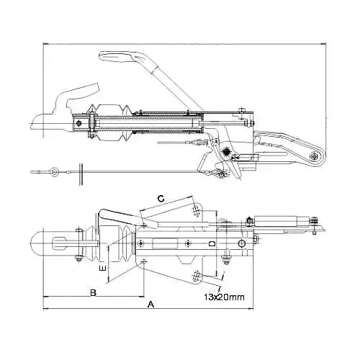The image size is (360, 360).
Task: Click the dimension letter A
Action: pyautogui.click(x=150, y=305)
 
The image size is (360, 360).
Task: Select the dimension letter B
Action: pyautogui.click(x=93, y=292)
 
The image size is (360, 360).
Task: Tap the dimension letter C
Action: pyautogui.click(x=161, y=197)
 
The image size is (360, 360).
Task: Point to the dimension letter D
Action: pyautogui.click(x=210, y=245)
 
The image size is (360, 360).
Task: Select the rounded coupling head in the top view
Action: pyautogui.click(x=44, y=246)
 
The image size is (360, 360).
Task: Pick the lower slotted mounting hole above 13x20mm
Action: pyautogui.click(x=199, y=276)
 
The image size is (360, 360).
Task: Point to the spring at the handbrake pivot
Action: pyautogui.click(x=230, y=152)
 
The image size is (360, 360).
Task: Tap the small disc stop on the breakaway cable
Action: pyautogui.click(x=84, y=172)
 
